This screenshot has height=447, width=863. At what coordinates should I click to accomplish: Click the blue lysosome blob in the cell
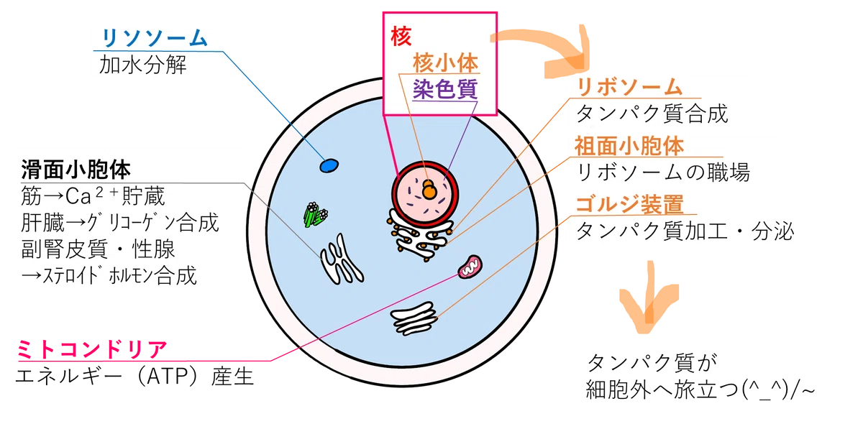[329, 165]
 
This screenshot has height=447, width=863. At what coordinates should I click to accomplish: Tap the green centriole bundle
[316, 214]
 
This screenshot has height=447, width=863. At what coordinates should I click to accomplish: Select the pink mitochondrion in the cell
[470, 267]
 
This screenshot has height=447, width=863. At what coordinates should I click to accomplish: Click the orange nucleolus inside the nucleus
[429, 189]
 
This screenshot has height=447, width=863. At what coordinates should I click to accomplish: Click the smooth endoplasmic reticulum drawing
[341, 260]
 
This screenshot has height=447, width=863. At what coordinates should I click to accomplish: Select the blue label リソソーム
[155, 38]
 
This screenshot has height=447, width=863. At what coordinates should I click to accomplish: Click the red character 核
[401, 36]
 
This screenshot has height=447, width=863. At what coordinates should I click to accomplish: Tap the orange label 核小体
[445, 63]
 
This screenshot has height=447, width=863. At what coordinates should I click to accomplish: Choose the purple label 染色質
[445, 89]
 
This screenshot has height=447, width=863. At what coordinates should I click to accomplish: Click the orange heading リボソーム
[629, 87]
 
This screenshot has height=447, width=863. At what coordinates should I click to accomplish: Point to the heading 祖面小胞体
[629, 146]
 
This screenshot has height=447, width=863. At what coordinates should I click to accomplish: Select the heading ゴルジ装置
[629, 204]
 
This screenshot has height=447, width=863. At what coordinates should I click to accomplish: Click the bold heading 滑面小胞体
[76, 170]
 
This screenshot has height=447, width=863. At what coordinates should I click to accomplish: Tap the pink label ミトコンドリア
[93, 349]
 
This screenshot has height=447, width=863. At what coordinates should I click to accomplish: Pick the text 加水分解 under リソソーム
[143, 65]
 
